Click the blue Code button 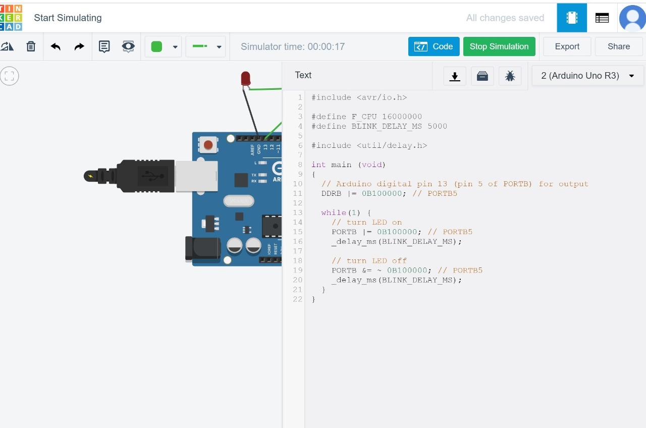434,46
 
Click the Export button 567,46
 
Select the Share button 618,46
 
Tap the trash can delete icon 31,46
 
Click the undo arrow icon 56,46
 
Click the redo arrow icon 79,46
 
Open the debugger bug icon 510,76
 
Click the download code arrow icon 455,76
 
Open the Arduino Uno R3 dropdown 587,76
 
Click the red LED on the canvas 245,78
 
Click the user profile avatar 632,18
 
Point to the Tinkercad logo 11,18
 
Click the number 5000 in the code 437,126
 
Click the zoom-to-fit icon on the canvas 9,76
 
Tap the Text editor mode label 303,75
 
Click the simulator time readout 293,46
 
